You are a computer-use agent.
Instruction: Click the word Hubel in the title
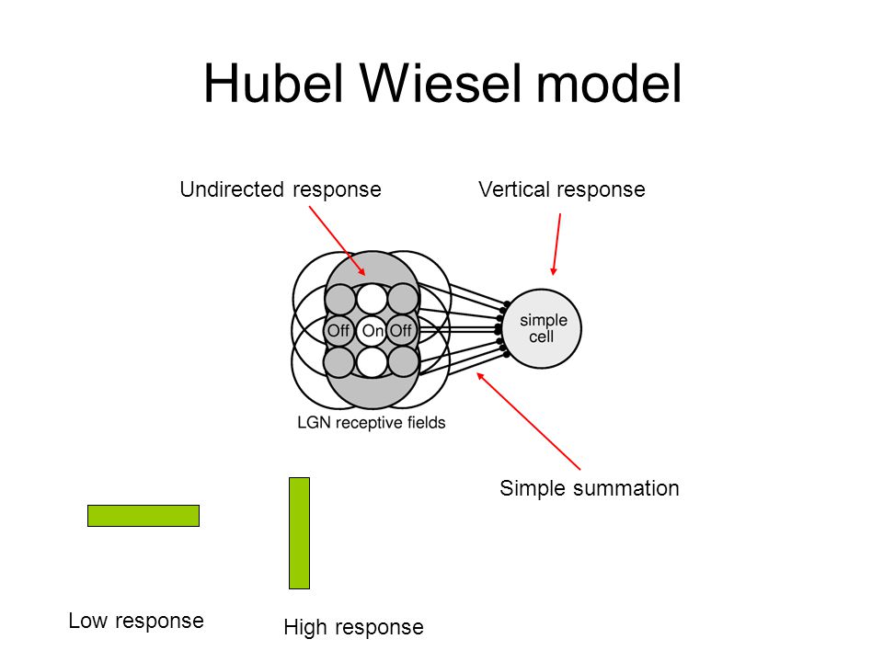coord(273,83)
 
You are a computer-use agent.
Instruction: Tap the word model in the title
coord(609,83)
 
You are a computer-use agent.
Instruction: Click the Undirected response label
coord(281,189)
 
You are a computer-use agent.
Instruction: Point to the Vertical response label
coord(561,189)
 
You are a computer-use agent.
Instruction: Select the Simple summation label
coord(589,488)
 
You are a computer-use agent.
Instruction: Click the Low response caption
coord(136,621)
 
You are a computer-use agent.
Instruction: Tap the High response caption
coord(353,627)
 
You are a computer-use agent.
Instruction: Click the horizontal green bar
coord(143,516)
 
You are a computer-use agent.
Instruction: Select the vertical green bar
coord(299,533)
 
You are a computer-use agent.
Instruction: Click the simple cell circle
coord(541,329)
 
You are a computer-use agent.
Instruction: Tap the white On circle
coord(373,330)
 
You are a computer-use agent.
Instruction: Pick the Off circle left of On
coord(339,330)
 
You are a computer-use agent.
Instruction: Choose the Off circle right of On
coord(402,330)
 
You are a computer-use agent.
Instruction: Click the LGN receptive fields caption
coord(371,423)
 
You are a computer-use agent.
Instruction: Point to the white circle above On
coord(373,299)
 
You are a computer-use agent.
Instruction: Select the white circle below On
coord(373,361)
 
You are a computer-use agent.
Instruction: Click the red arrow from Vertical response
coord(556,244)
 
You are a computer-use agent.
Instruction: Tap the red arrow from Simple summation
coord(528,420)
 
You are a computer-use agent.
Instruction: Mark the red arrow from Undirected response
coord(338,241)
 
